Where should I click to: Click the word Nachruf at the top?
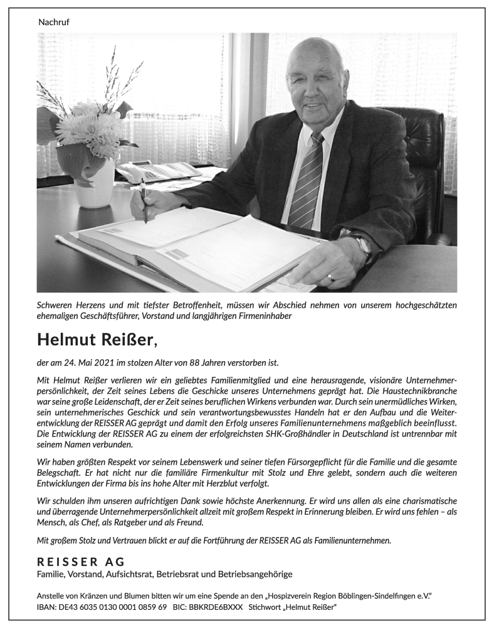(53, 22)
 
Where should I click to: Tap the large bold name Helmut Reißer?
(94, 340)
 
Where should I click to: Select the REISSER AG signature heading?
(81, 561)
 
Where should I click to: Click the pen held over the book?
(144, 201)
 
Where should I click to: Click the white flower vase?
(93, 183)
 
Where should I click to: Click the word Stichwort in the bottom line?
(266, 608)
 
